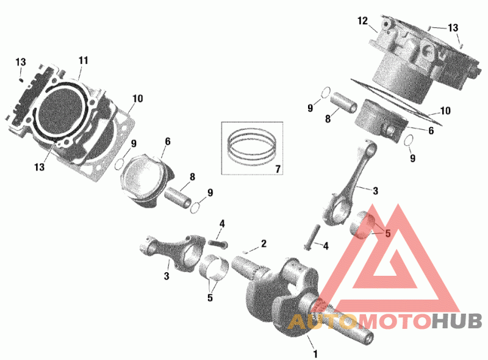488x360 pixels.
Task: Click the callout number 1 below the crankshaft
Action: click(x=315, y=354)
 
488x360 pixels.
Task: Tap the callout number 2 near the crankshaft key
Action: click(x=264, y=243)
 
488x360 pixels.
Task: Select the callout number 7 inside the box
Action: click(x=278, y=169)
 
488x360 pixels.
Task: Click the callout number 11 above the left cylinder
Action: click(x=83, y=60)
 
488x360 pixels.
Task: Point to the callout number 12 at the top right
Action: click(x=362, y=21)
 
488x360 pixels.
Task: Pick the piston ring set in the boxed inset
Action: click(x=252, y=146)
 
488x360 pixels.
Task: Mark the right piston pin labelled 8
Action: click(x=343, y=102)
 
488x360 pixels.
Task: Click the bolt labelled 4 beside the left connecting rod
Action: click(x=218, y=243)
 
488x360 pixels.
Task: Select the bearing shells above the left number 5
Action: click(x=213, y=267)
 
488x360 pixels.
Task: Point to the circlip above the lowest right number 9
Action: click(x=409, y=140)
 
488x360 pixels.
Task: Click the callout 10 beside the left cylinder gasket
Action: click(x=138, y=98)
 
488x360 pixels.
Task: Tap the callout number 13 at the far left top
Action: click(x=21, y=62)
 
